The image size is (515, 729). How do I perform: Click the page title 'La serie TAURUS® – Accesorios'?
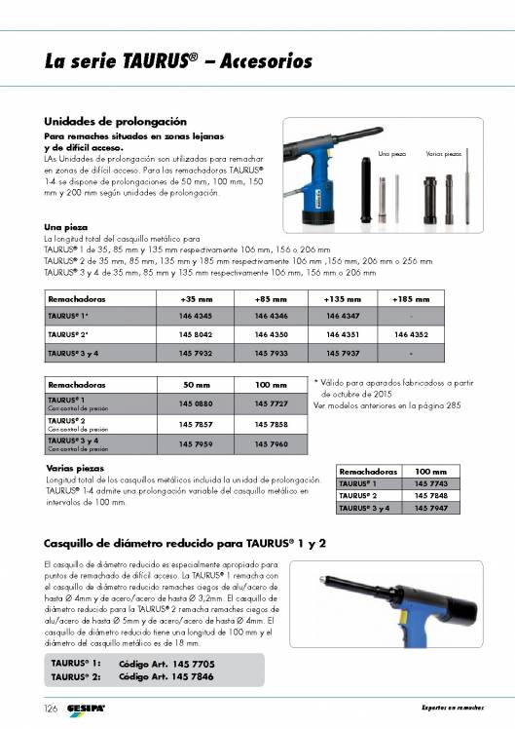[x=178, y=62]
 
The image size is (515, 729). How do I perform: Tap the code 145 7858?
[x=270, y=425]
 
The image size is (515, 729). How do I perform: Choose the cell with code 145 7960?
[x=270, y=444]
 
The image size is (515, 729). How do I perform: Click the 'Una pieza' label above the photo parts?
[x=391, y=154]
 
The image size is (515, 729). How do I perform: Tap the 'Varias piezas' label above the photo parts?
[x=444, y=154]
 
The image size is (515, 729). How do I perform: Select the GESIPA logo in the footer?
[x=86, y=707]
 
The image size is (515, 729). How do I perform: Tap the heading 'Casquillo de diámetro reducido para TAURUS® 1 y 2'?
[x=185, y=541]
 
